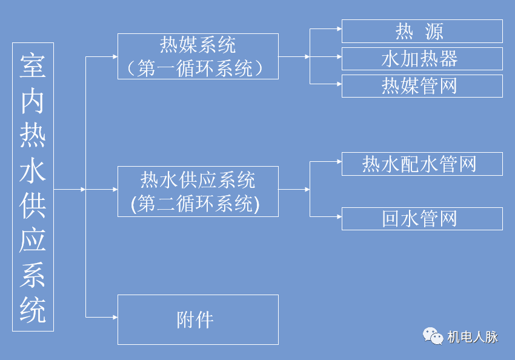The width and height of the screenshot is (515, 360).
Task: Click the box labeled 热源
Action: [422, 31]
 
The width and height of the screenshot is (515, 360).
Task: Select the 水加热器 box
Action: [422, 59]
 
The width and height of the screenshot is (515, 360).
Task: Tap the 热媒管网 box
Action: [422, 86]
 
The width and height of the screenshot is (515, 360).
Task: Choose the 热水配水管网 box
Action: [422, 164]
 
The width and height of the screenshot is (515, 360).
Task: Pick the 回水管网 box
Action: [422, 219]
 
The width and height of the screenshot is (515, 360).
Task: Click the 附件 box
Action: [198, 319]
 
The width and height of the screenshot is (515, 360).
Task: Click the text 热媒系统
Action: [198, 45]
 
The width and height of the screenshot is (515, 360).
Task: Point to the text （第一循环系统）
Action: [198, 68]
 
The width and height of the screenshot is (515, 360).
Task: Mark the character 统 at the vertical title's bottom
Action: [33, 311]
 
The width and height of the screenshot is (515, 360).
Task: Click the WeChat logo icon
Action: [433, 336]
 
